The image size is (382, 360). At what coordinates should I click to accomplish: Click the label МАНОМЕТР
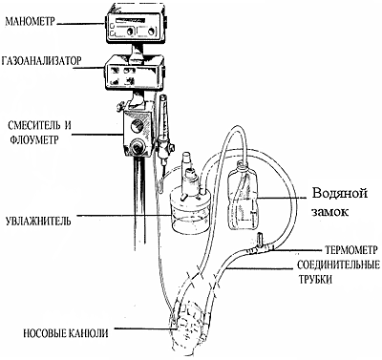click(x=31, y=21)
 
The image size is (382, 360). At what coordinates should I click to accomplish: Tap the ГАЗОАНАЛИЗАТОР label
click(x=41, y=61)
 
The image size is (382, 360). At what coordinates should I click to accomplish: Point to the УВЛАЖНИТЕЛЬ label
click(x=38, y=221)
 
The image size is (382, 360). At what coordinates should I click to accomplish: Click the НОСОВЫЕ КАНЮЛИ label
click(x=66, y=333)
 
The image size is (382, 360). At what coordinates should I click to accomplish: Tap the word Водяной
click(x=340, y=194)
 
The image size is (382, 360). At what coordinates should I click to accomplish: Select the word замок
click(x=329, y=212)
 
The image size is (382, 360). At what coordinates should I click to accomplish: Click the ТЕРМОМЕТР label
click(x=351, y=250)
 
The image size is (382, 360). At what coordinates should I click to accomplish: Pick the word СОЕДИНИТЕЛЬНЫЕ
click(x=338, y=265)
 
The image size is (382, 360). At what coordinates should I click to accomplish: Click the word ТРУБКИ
click(x=315, y=279)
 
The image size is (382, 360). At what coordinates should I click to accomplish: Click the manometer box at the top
click(x=136, y=27)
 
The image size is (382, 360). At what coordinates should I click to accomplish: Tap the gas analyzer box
click(x=134, y=74)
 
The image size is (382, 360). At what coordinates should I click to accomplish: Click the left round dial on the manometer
click(x=129, y=32)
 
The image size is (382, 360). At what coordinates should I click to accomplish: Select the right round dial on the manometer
click(x=152, y=32)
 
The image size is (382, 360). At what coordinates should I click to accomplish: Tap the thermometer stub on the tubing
click(x=260, y=240)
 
